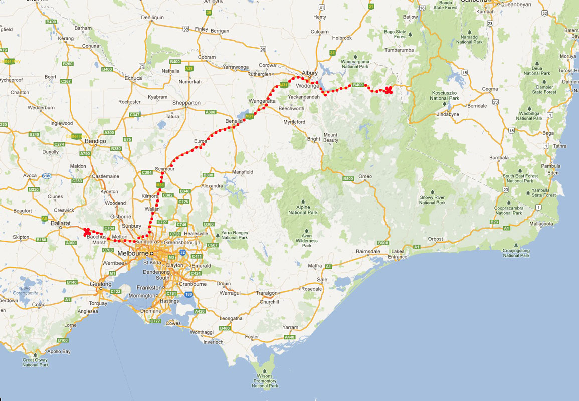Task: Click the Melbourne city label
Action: point(133,253)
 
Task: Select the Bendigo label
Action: point(95,141)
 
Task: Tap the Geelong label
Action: point(100,284)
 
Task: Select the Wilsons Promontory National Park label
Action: point(265,380)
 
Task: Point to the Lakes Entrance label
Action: point(398,254)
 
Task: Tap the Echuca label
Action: point(133,78)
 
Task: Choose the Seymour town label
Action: point(165,169)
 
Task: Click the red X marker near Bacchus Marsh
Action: point(87,231)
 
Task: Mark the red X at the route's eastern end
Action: point(388,90)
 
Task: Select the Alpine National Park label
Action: point(303,209)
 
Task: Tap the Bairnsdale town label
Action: point(354,250)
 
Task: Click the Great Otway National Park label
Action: point(35,362)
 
